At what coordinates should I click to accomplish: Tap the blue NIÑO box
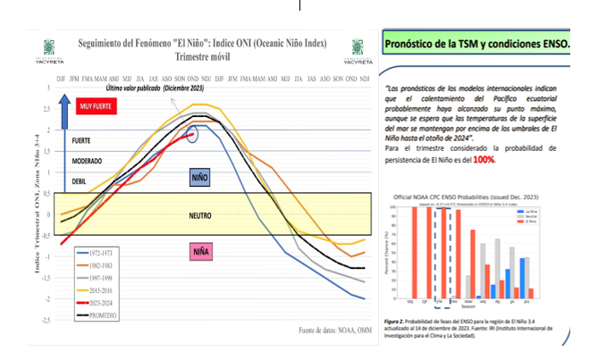pos(201,177)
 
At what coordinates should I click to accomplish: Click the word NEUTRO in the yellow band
pos(200,215)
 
